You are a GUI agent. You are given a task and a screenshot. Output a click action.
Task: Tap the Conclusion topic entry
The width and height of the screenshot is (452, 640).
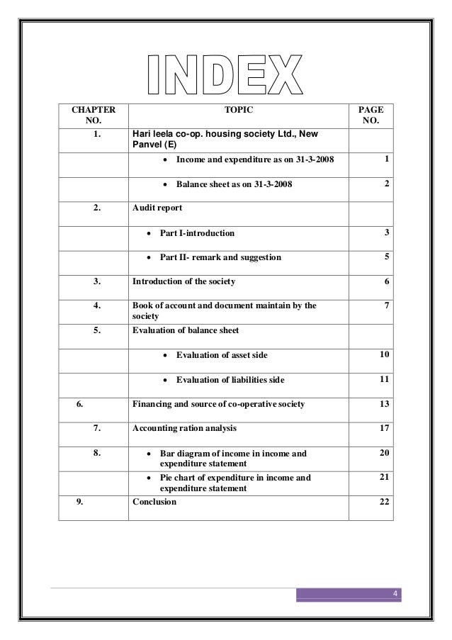pos(155,502)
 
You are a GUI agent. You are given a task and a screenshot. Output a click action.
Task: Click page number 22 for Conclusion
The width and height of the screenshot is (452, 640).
pos(383,502)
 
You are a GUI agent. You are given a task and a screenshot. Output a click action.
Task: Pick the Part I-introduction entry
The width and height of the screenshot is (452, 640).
pos(197,232)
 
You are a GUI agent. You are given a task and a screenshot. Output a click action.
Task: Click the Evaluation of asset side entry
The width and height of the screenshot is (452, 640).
pos(222,355)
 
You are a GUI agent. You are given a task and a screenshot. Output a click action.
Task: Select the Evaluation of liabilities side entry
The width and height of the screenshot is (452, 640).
pos(230,381)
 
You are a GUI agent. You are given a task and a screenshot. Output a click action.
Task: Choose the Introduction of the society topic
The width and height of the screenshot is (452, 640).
pos(184,281)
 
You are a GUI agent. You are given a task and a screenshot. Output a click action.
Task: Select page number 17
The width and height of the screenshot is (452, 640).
pos(383,428)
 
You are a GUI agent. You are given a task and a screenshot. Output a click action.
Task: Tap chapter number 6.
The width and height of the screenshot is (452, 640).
pos(80,404)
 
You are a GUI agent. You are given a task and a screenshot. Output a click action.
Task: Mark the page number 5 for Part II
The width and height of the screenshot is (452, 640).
pos(386,257)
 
